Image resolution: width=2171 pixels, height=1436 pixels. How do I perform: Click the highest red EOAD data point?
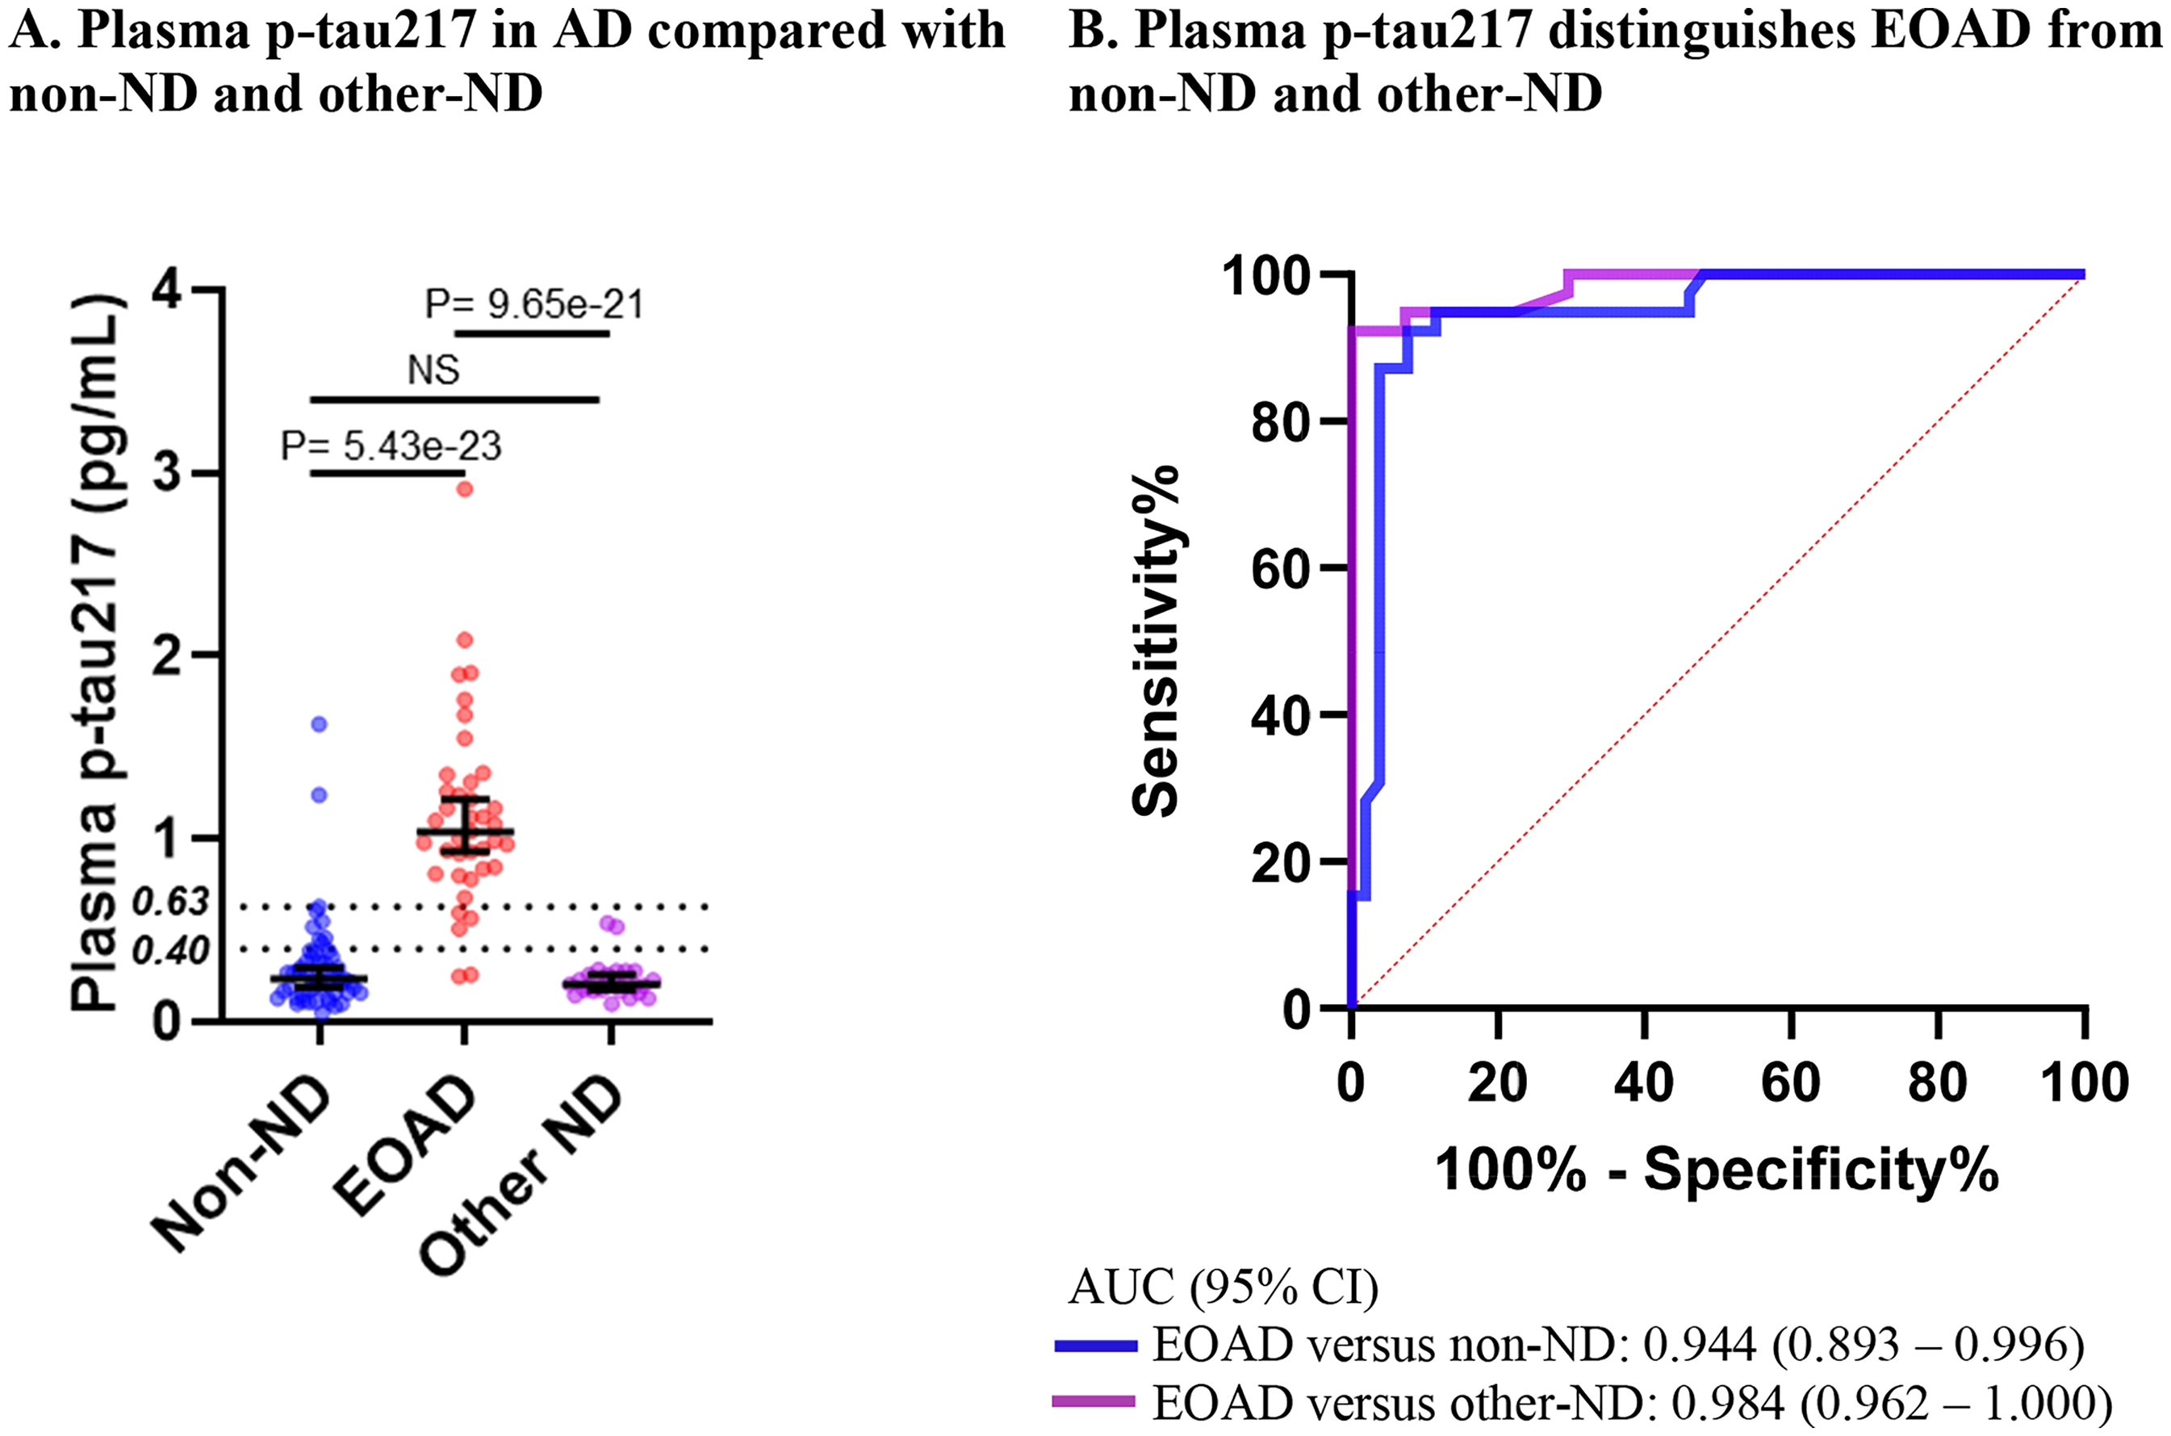tap(464, 489)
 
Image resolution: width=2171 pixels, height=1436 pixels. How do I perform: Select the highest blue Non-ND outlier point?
tap(319, 724)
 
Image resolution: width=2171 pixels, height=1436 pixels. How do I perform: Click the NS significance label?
tap(433, 370)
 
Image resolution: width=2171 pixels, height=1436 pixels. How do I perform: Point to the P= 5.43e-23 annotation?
tap(391, 446)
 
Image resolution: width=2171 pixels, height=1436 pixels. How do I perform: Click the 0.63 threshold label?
tap(171, 902)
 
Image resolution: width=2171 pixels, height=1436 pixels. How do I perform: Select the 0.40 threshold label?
tap(171, 952)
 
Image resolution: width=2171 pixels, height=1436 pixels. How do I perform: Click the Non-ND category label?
tap(240, 1162)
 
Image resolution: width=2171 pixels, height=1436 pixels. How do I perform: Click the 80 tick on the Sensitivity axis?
tap(1278, 421)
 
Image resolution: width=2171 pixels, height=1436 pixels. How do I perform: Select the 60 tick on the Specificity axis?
tap(1790, 1082)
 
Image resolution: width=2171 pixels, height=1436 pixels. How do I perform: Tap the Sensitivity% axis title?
tap(1156, 640)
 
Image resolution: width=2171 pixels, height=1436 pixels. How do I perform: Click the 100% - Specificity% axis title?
tap(1716, 1170)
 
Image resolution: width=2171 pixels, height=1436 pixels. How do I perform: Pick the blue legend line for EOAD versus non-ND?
tap(1095, 1346)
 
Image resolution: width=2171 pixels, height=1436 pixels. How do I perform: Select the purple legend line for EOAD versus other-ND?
tap(1095, 1401)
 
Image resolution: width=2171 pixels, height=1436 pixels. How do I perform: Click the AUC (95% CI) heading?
tap(1224, 1287)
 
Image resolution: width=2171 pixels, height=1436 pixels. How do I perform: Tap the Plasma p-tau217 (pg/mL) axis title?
tap(96, 653)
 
